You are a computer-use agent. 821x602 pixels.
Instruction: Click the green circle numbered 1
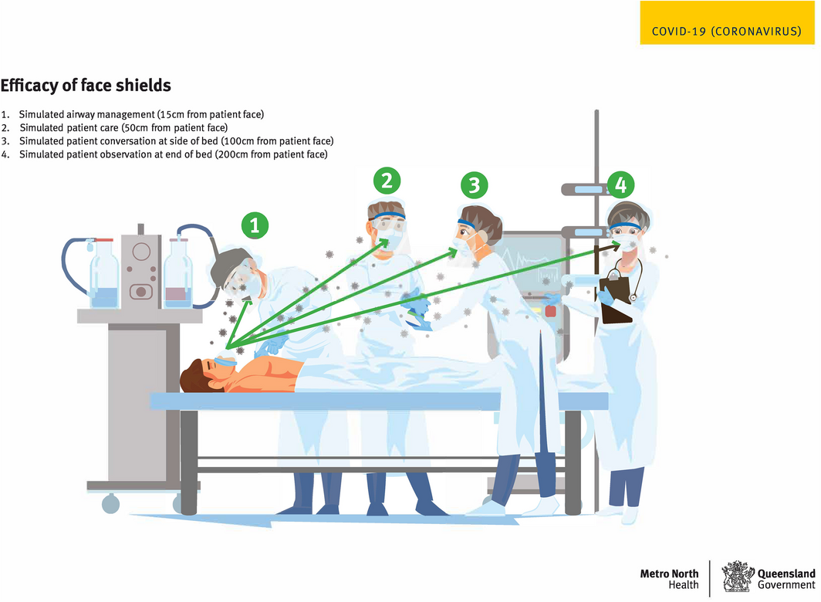255,225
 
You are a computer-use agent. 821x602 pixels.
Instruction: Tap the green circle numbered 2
387,181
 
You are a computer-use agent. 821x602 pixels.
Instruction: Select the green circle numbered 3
475,185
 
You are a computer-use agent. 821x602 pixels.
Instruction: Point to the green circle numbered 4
621,185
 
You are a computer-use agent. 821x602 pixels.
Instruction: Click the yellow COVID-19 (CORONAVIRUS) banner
728,22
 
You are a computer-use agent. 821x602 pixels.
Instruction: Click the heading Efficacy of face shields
86,86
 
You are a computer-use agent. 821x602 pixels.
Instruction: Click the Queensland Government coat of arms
737,577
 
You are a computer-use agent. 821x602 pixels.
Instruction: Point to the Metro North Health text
669,579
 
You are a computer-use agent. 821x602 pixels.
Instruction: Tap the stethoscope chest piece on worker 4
633,298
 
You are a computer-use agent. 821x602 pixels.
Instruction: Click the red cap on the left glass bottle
103,241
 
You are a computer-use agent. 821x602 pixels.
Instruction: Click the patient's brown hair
194,376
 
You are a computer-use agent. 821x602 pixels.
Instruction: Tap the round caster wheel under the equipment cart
110,504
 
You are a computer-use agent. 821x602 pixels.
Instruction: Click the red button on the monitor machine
550,311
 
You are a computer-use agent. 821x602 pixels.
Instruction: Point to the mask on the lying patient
225,361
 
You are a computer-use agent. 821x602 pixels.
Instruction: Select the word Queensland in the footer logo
786,573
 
